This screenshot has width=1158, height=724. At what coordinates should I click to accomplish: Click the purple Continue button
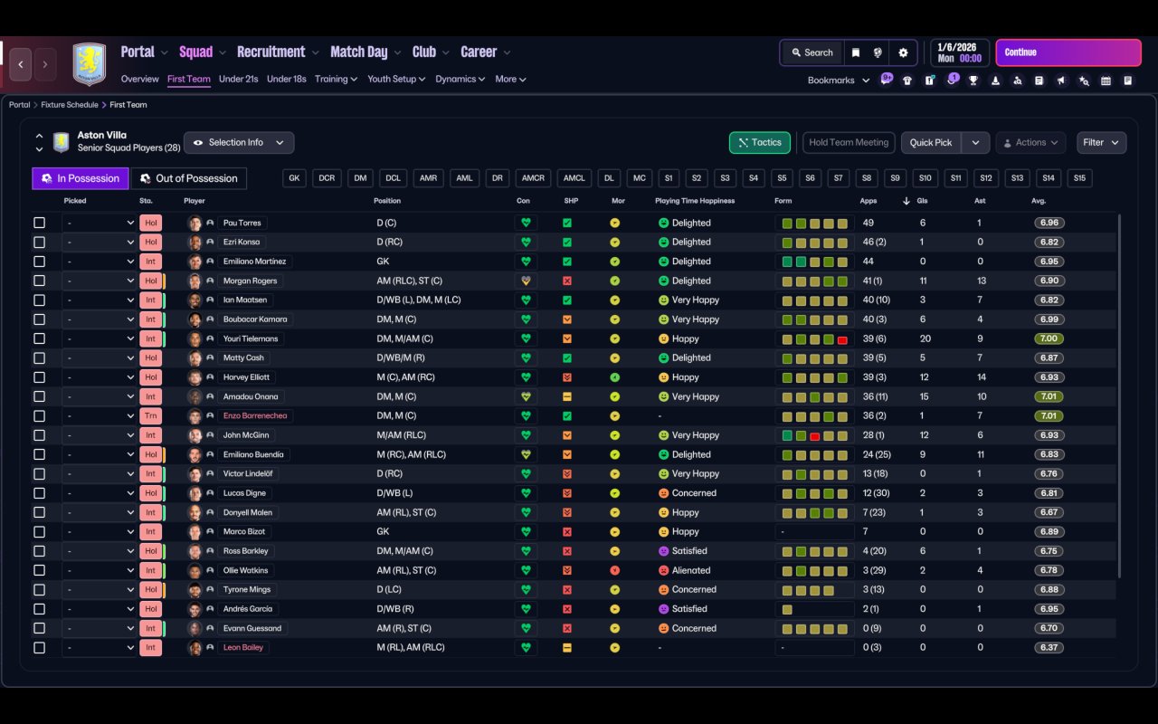coord(1068,52)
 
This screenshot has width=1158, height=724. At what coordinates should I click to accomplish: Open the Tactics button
coord(760,143)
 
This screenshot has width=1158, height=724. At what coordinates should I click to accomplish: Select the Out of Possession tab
coord(189,178)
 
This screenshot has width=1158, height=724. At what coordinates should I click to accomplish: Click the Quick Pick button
coord(930,143)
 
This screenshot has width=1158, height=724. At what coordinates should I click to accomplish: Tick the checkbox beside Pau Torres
coord(39,223)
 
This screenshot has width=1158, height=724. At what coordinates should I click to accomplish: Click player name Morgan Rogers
coord(250,281)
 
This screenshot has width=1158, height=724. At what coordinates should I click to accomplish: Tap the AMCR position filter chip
coord(534,178)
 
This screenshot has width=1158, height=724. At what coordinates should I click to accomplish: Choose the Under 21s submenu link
coord(238,79)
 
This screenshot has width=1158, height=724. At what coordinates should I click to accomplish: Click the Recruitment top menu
coord(271,52)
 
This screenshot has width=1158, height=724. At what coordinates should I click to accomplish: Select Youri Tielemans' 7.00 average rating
coord(1048,338)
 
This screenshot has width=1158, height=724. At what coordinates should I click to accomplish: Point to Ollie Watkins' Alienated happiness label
coord(691,570)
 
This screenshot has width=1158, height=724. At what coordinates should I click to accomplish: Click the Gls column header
coord(922,201)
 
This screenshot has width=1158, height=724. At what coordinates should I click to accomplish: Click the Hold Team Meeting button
coord(849,143)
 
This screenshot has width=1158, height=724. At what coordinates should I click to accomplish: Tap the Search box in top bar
coord(811,52)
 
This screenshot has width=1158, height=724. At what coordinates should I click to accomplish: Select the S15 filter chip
coord(1079,178)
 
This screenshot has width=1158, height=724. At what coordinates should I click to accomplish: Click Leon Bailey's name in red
coord(243,648)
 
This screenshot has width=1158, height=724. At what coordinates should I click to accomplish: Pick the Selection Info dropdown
coord(239,143)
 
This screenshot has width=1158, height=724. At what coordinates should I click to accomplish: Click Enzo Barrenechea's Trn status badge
coord(150,416)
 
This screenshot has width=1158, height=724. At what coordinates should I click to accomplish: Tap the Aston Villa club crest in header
coord(89,64)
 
